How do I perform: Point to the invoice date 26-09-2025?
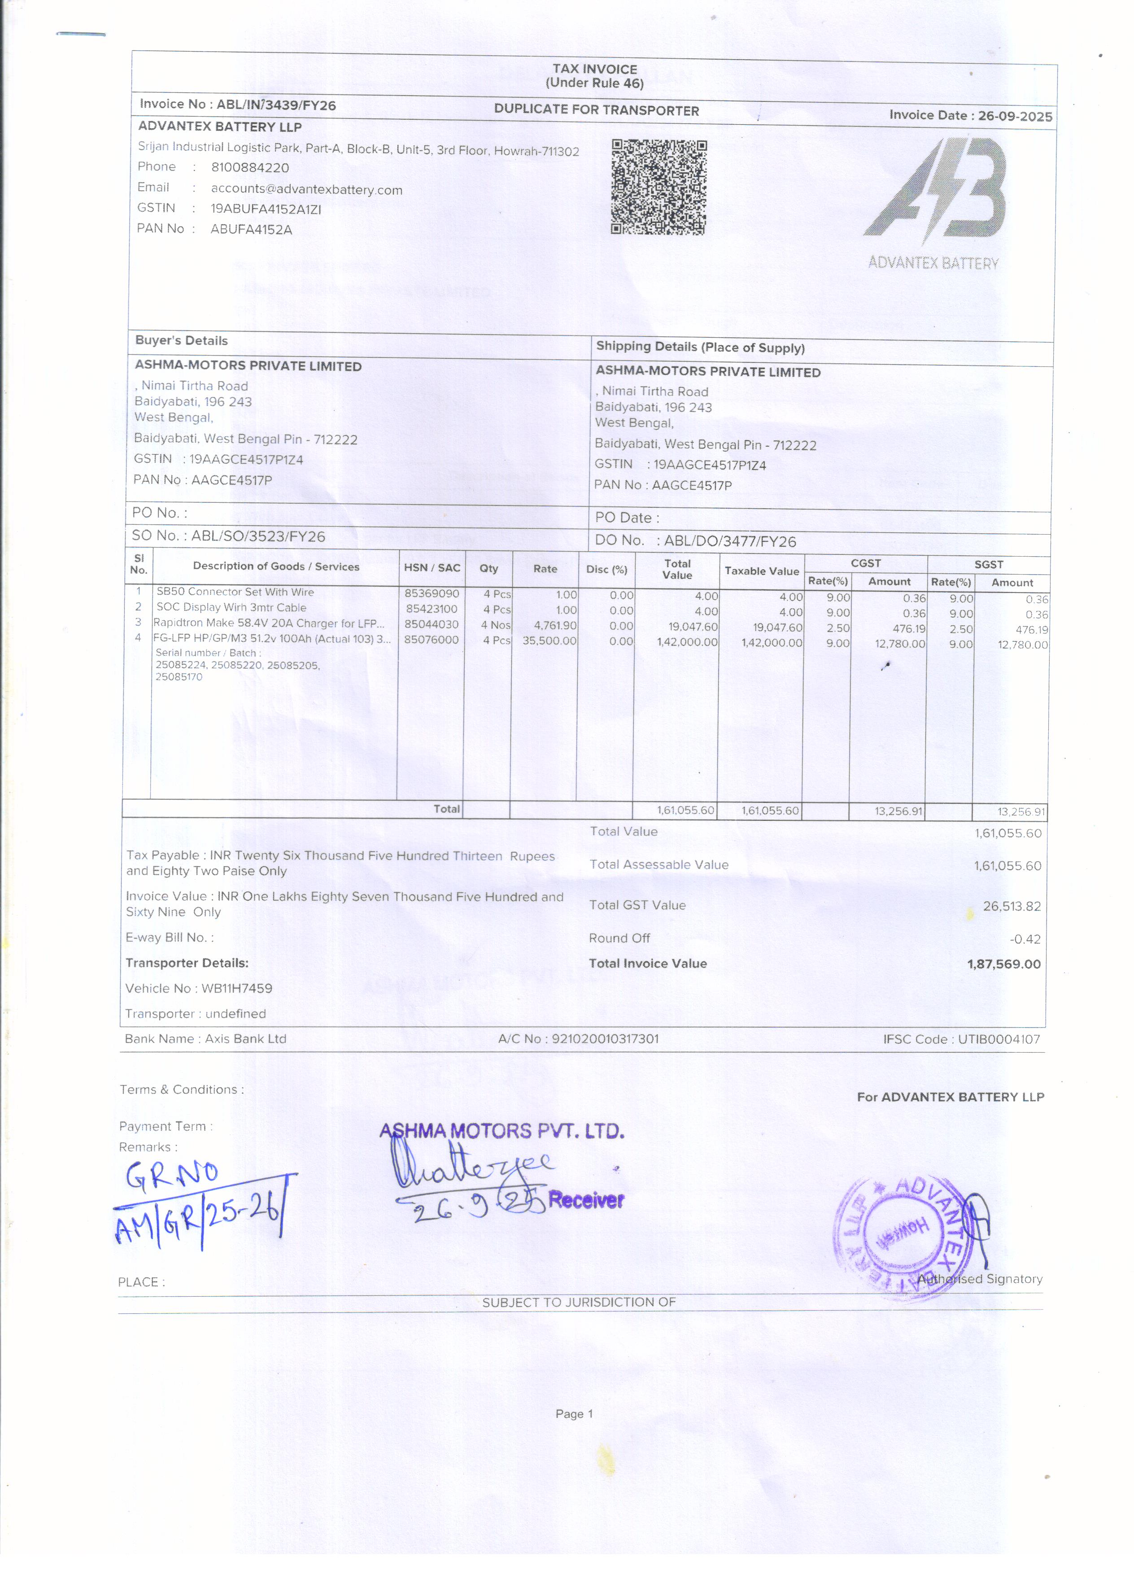(1015, 116)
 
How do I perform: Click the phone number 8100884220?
(250, 168)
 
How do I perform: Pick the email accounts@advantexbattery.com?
(306, 189)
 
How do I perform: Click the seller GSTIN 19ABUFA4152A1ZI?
(266, 209)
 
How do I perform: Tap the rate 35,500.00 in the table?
(550, 640)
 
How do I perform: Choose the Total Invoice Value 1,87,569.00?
(1003, 964)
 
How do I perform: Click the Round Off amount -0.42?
(1025, 939)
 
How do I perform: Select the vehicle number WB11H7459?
(236, 988)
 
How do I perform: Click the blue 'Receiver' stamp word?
(586, 1200)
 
